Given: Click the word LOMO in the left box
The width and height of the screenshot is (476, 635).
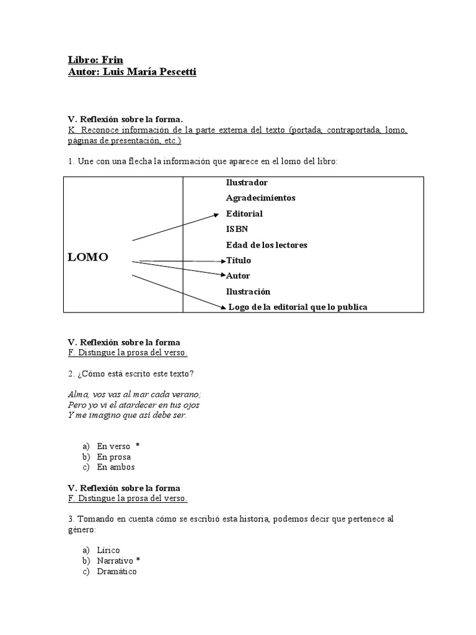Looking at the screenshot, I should point(87,257).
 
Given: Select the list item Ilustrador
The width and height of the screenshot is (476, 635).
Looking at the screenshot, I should point(247,182).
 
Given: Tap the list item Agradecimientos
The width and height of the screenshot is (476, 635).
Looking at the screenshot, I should point(260,198).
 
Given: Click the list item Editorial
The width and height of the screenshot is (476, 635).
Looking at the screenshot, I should point(244,213).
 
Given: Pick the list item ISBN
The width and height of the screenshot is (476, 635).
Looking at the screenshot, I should point(237,229).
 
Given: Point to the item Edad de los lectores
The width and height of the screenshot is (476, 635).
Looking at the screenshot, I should point(267,245).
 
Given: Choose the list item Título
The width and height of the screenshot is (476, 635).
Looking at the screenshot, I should point(239,260).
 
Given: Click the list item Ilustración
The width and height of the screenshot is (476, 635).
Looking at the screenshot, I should point(248,291).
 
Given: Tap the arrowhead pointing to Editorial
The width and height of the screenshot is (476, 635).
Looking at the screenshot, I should point(217,215).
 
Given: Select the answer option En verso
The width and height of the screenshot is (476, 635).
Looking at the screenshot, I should point(113,446).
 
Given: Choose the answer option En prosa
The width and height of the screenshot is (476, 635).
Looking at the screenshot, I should point(114,456).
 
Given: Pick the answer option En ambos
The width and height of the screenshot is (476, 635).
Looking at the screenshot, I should point(116,467).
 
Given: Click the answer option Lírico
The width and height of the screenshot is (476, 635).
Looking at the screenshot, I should point(108,550).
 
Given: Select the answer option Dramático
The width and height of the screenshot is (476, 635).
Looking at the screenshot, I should point(117,571).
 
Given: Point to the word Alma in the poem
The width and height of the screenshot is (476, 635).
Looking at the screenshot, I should point(77,394).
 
